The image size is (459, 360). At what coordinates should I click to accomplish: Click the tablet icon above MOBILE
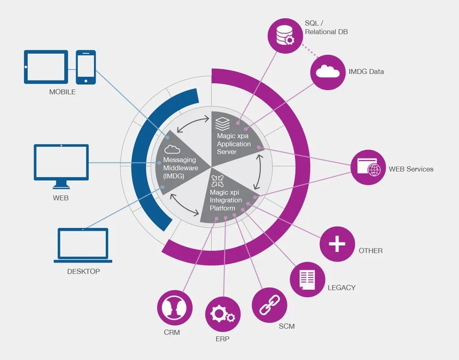(46, 67)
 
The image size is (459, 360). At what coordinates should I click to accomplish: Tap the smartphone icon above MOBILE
(86, 67)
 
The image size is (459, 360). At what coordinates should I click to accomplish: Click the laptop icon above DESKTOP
(83, 245)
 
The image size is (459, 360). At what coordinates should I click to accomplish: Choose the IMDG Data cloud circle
(328, 72)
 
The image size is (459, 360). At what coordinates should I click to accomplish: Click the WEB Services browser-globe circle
(368, 167)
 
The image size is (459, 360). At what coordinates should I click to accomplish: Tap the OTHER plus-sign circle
(337, 244)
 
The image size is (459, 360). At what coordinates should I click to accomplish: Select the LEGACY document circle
(307, 279)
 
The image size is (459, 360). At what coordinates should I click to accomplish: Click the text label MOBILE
(62, 92)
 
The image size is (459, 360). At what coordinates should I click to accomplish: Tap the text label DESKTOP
(83, 271)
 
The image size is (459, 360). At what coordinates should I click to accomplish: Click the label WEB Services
(411, 169)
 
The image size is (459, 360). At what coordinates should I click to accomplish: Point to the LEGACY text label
(341, 287)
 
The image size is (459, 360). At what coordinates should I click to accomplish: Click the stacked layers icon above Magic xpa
(222, 123)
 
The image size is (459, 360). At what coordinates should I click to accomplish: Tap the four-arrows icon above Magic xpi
(218, 181)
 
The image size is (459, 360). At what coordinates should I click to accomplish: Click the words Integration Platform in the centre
(225, 204)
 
